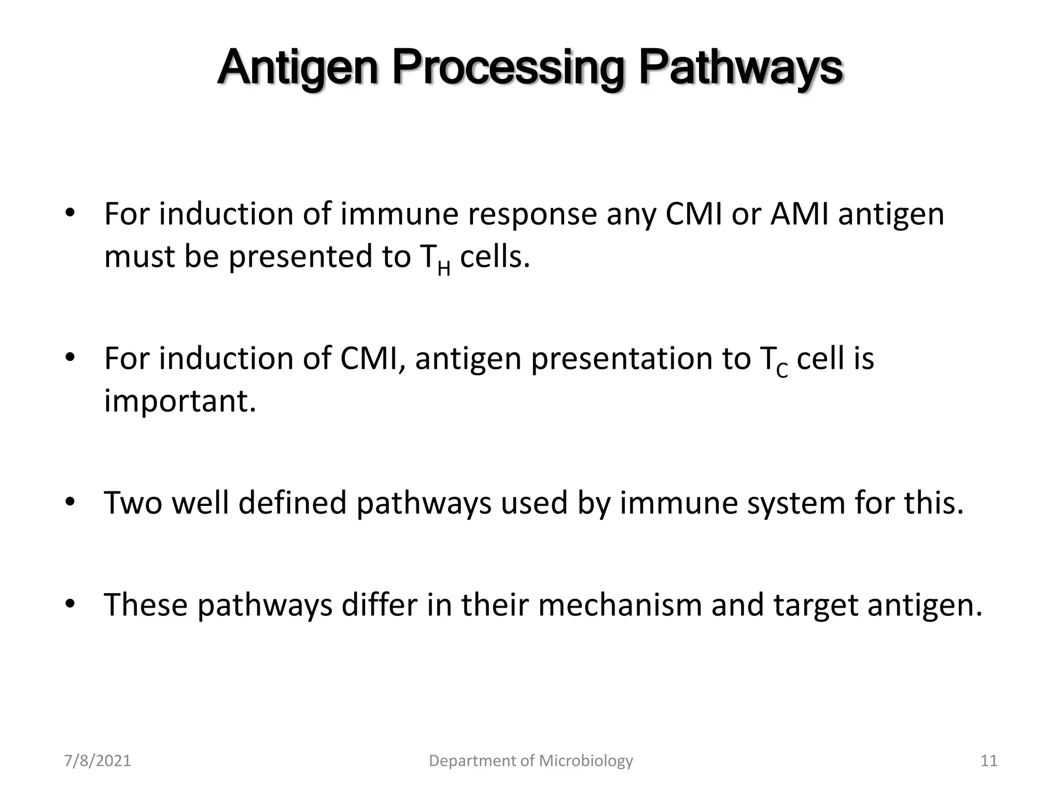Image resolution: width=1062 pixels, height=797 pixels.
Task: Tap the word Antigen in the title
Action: pyautogui.click(x=298, y=69)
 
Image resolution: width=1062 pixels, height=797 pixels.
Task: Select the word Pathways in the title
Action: pyautogui.click(x=740, y=69)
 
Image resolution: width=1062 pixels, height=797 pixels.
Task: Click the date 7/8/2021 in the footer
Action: pyautogui.click(x=97, y=761)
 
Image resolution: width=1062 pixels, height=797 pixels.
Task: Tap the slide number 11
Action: pyautogui.click(x=989, y=761)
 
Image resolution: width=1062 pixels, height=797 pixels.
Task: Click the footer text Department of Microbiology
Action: pyautogui.click(x=531, y=761)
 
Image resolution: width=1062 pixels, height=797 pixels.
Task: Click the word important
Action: pyautogui.click(x=180, y=401)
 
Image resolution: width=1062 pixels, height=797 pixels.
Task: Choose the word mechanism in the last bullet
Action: pyautogui.click(x=620, y=605)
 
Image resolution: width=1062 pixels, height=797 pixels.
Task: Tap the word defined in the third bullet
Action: pyautogui.click(x=292, y=503)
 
